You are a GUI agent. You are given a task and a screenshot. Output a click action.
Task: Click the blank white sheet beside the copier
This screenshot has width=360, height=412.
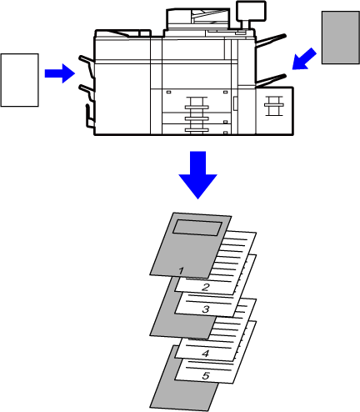pyautogui.click(x=19, y=80)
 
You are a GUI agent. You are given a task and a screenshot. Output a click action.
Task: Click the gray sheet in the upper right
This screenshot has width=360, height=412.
pyautogui.click(x=341, y=38)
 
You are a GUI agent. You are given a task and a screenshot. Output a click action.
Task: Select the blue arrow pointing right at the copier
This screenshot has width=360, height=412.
pyautogui.click(x=60, y=73)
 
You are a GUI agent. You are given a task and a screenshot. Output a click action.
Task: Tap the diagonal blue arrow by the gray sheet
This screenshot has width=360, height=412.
pyautogui.click(x=304, y=59)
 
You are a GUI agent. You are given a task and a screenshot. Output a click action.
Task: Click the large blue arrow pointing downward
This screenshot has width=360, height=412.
pyautogui.click(x=197, y=174)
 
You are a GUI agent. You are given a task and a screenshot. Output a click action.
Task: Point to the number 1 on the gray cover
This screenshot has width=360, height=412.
pyautogui.click(x=181, y=271)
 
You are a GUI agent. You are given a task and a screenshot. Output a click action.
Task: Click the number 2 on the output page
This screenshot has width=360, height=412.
pyautogui.click(x=206, y=287)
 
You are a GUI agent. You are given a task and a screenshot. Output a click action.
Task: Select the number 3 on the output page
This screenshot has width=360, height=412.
pyautogui.click(x=206, y=309)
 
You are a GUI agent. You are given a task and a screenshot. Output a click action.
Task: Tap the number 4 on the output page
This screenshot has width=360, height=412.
pyautogui.click(x=206, y=354)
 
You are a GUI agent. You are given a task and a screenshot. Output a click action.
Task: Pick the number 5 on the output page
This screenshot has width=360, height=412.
pyautogui.click(x=206, y=375)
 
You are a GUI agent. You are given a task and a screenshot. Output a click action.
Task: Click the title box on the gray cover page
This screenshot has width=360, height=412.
pyautogui.click(x=197, y=228)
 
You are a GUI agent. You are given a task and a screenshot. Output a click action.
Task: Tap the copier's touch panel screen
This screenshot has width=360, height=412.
pyautogui.click(x=251, y=11)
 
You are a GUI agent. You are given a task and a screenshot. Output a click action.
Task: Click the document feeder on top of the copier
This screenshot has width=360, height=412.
pyautogui.click(x=198, y=19)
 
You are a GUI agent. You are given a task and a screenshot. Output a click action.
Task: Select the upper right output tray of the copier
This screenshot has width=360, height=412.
pyautogui.click(x=271, y=41)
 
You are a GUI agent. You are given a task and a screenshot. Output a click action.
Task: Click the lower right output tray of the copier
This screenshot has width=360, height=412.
pyautogui.click(x=271, y=80)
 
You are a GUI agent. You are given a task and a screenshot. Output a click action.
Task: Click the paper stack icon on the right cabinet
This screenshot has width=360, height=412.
pyautogui.click(x=274, y=106)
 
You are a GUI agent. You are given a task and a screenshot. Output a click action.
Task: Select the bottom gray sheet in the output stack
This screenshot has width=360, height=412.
pyautogui.click(x=183, y=378)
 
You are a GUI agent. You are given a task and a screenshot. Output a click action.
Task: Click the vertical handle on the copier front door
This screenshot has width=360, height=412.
pyautogui.click(x=235, y=103)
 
